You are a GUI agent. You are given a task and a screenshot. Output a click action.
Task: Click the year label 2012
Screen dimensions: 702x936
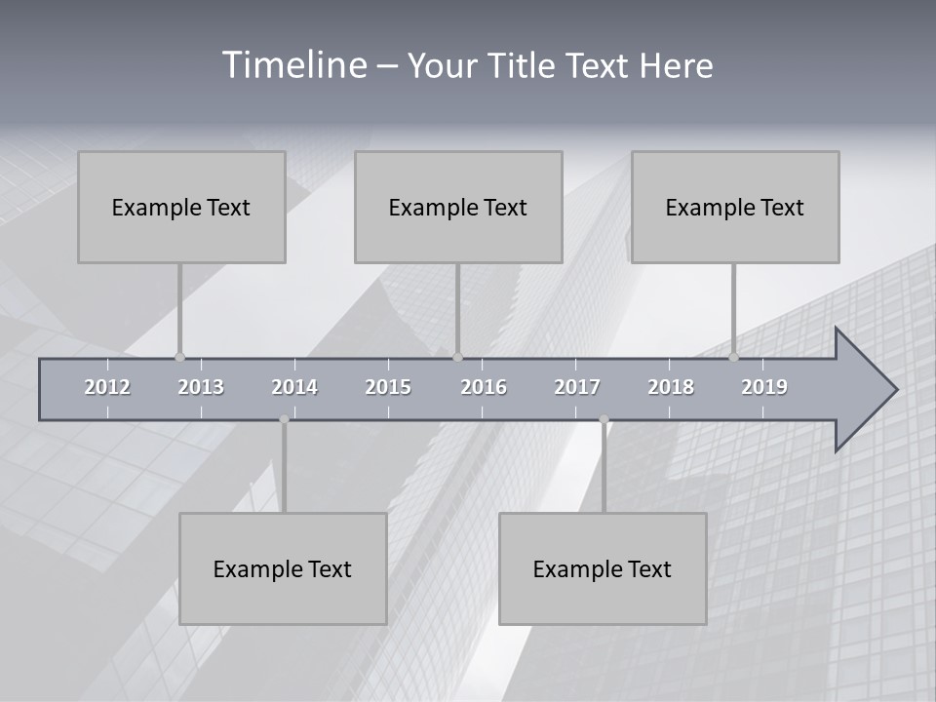[x=107, y=388]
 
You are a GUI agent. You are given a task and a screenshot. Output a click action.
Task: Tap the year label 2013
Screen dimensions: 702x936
[x=201, y=388]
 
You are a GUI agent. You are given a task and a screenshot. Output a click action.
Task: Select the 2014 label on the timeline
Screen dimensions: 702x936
[x=294, y=388]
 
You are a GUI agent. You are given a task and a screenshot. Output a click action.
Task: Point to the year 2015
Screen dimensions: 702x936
[x=388, y=388]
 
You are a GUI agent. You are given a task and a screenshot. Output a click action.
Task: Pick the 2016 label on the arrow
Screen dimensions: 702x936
[x=484, y=388]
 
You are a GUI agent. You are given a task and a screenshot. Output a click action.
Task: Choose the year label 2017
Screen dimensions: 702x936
[x=577, y=388]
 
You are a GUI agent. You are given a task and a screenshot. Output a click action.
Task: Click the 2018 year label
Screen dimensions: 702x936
[x=671, y=388]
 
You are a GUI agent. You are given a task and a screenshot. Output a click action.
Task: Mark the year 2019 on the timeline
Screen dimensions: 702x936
[x=764, y=388]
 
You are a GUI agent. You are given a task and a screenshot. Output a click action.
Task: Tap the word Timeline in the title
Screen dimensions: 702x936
[x=294, y=65]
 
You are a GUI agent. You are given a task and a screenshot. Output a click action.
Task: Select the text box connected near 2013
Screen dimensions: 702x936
[x=181, y=207]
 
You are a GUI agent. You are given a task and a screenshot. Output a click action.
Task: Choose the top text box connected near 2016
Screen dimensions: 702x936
[x=458, y=207]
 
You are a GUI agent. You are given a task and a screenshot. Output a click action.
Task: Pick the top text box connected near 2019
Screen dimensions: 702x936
[x=735, y=207]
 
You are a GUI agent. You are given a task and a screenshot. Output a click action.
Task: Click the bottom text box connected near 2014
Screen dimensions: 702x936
[x=283, y=568]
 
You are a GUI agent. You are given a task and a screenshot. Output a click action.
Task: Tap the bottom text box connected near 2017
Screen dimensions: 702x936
[x=603, y=568]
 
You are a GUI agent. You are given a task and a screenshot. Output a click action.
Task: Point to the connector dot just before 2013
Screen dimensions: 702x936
[x=179, y=357]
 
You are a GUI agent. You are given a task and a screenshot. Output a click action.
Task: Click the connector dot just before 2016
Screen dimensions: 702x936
[x=458, y=357]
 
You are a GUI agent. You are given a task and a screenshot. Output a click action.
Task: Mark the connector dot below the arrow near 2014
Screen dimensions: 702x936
[x=284, y=420]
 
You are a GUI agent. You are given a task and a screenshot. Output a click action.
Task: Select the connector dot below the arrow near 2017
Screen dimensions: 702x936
[x=604, y=420]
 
